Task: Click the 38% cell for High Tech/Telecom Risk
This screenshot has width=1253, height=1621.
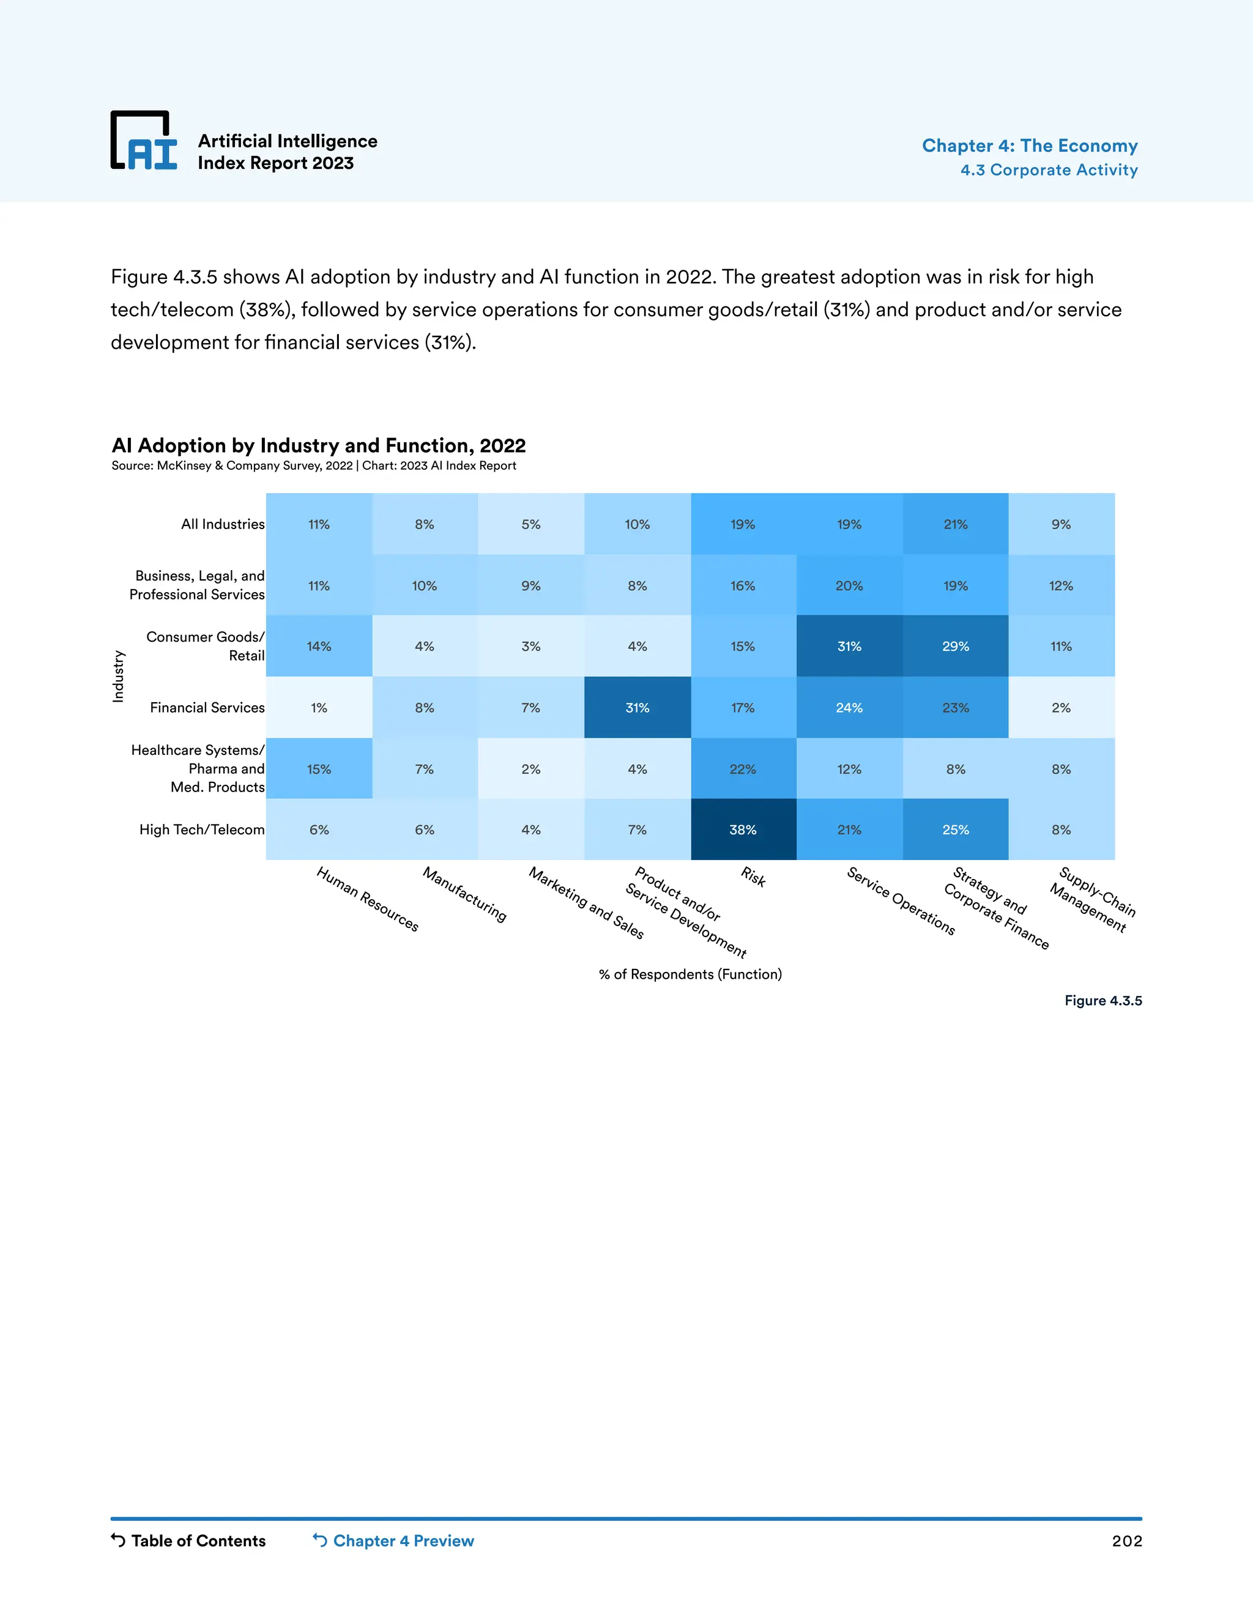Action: pyautogui.click(x=743, y=830)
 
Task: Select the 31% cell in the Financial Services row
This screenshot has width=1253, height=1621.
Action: pyautogui.click(x=637, y=707)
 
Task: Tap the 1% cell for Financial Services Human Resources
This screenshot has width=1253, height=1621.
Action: pyautogui.click(x=319, y=707)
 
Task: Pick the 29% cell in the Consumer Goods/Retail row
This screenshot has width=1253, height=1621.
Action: pyautogui.click(x=955, y=647)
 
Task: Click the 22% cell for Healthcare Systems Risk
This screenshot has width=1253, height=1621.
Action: pyautogui.click(x=743, y=769)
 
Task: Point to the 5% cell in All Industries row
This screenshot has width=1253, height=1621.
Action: pyautogui.click(x=530, y=524)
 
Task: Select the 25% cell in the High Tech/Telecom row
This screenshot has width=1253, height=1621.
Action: pyautogui.click(x=955, y=830)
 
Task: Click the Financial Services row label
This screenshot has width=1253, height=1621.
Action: pyautogui.click(x=207, y=707)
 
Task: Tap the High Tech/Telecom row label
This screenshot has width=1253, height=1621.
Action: pyautogui.click(x=202, y=830)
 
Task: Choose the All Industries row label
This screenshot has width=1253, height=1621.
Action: pyautogui.click(x=223, y=524)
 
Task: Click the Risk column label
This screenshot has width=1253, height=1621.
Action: pyautogui.click(x=753, y=877)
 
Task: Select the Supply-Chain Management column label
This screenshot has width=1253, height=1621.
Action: pyautogui.click(x=1092, y=899)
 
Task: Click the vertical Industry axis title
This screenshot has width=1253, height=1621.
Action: pyautogui.click(x=118, y=676)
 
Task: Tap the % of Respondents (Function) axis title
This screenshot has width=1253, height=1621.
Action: pyautogui.click(x=690, y=974)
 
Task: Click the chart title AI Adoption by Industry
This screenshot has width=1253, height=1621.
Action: pyautogui.click(x=318, y=445)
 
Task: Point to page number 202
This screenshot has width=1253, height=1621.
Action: pyautogui.click(x=1126, y=1541)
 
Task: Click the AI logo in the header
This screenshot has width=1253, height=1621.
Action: pyautogui.click(x=144, y=141)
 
